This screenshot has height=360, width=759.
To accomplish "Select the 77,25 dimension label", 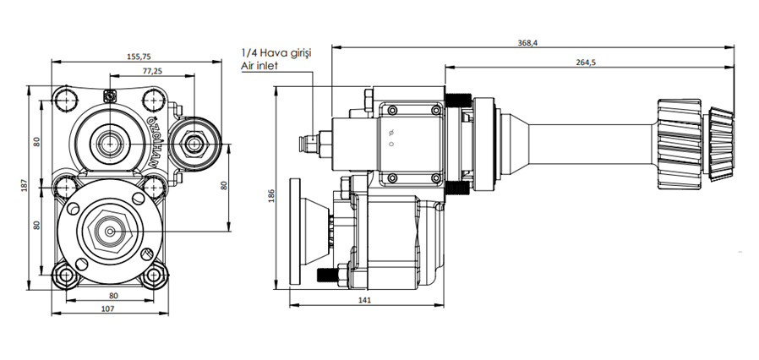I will coord(153,72).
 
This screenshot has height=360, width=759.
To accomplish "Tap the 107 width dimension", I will coord(107,308).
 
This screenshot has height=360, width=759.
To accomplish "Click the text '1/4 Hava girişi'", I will coord(276,53).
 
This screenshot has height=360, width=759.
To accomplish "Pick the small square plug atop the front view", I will coord(109,95).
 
